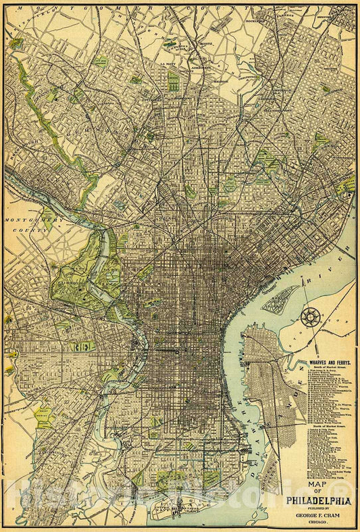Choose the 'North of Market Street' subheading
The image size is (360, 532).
328,427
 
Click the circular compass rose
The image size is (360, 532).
311,316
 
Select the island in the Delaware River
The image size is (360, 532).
280,298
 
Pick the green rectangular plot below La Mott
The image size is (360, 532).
174,83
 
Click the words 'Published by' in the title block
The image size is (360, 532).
315,509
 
